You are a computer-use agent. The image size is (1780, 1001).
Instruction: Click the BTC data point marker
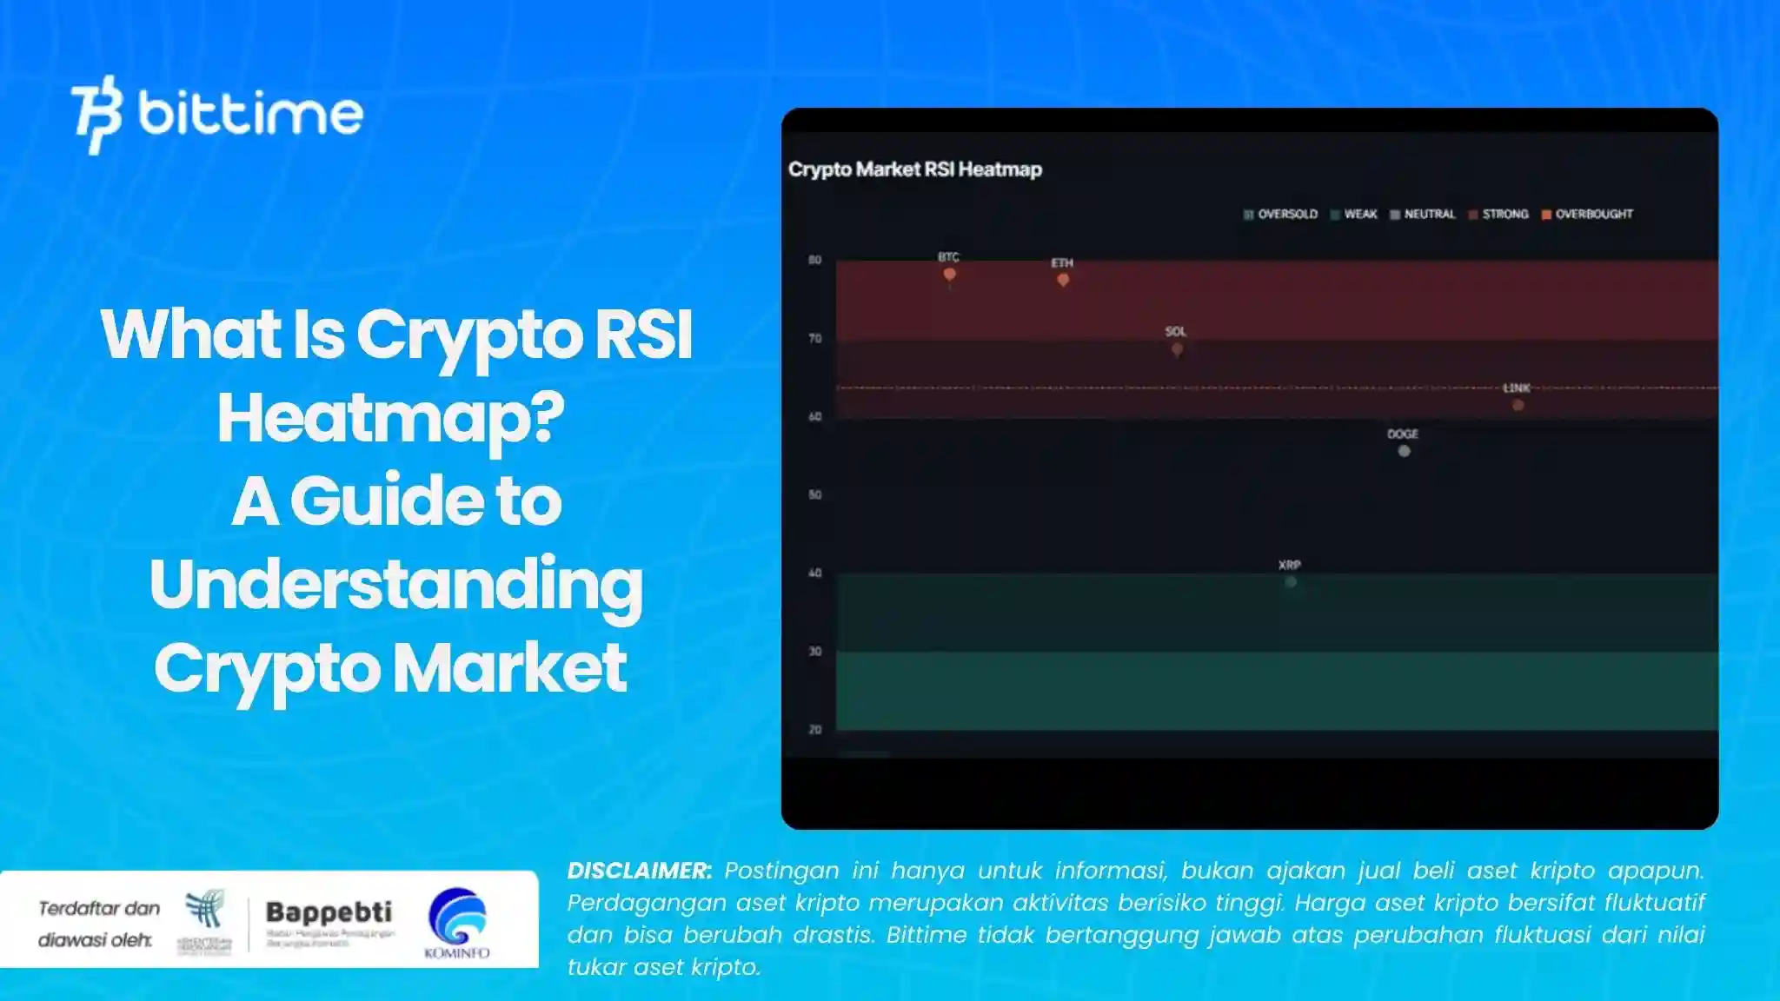(x=949, y=275)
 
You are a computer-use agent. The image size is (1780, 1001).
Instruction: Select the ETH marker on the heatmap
(x=1062, y=280)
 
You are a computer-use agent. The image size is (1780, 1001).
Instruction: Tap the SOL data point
(x=1176, y=349)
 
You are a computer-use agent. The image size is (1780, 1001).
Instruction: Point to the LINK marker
(x=1518, y=405)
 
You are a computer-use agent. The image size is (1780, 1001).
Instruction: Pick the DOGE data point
(x=1404, y=451)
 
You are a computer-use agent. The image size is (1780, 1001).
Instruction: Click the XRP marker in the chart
(x=1291, y=582)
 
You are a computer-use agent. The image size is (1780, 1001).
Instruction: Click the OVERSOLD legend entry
(x=1281, y=214)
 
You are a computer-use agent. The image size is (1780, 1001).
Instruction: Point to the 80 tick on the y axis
(x=814, y=260)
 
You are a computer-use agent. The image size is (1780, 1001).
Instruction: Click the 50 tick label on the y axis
(x=814, y=494)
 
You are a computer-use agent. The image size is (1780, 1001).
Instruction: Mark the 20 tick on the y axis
(x=814, y=730)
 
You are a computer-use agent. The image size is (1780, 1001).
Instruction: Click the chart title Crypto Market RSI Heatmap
(x=914, y=169)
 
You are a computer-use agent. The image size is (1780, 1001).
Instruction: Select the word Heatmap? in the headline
(x=390, y=419)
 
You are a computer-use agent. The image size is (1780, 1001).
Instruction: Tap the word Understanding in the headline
(x=395, y=586)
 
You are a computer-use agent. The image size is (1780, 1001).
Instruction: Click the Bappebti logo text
(x=329, y=912)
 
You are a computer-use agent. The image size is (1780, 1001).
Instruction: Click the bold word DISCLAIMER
(x=639, y=871)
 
